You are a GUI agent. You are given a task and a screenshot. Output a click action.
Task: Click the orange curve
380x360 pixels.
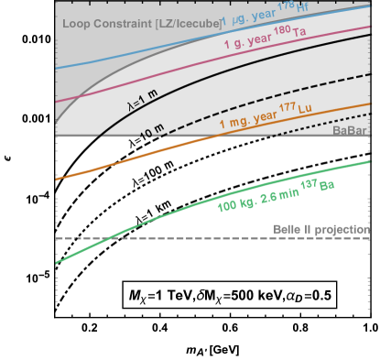click(137, 159)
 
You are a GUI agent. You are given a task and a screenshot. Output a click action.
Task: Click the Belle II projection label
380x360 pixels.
click(320, 229)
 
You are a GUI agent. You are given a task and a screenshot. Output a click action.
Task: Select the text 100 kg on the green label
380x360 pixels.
click(233, 205)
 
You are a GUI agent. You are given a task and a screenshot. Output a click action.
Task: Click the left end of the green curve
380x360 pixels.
click(57, 263)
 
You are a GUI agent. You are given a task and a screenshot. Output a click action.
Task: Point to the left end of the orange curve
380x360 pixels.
click(57, 180)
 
